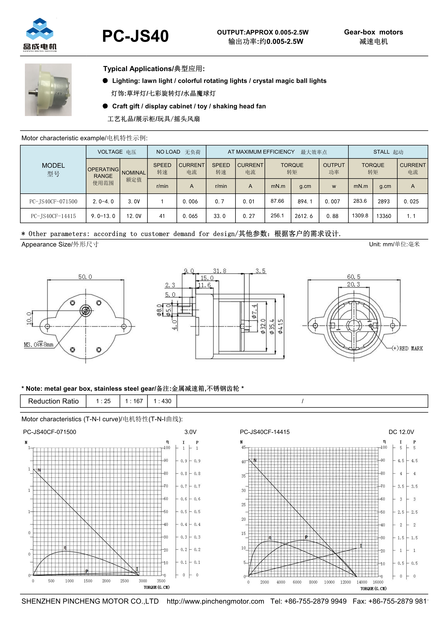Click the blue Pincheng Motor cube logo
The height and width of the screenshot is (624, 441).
pyautogui.click(x=40, y=30)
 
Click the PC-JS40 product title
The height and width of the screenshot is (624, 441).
pyautogui.click(x=135, y=36)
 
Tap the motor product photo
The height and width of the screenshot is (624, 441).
pyautogui.click(x=48, y=90)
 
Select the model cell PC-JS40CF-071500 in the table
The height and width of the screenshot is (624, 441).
pyautogui.click(x=53, y=201)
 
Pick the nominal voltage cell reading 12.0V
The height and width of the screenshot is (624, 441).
pyautogui.click(x=134, y=216)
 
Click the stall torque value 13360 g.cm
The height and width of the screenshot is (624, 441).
pyautogui.click(x=383, y=216)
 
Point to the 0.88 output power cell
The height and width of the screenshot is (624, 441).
pyautogui.click(x=332, y=216)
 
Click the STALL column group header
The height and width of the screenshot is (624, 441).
pyautogui.click(x=388, y=152)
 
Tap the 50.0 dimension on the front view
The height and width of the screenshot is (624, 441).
pyautogui.click(x=85, y=277)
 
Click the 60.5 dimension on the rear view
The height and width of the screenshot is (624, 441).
pyautogui.click(x=354, y=277)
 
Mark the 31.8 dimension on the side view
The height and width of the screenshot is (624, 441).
pyautogui.click(x=219, y=271)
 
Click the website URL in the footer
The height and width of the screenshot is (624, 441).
pyautogui.click(x=215, y=601)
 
